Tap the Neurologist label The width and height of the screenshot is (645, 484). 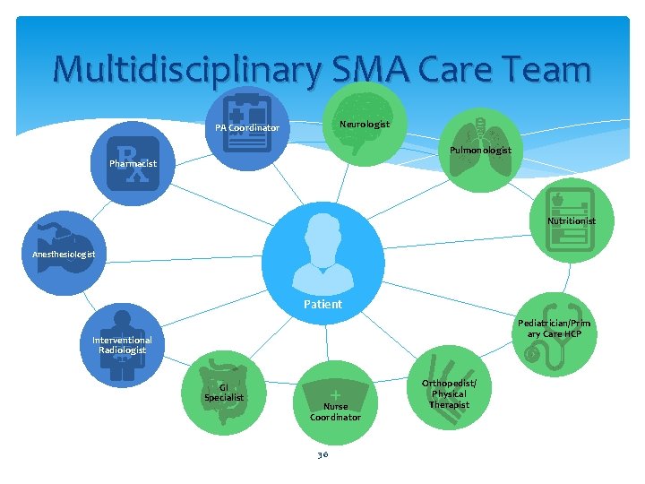365,124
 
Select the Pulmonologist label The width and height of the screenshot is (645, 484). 481,150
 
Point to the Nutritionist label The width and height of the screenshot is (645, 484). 572,220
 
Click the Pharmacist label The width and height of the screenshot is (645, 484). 133,164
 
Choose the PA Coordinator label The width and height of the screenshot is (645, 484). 246,128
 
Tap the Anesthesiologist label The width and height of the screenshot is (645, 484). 70,255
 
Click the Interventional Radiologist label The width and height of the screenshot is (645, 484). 122,345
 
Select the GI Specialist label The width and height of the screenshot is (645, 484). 223,392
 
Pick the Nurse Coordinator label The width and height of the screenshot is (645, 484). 335,411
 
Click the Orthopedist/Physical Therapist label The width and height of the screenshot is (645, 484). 448,394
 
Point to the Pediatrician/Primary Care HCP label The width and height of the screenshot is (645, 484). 555,328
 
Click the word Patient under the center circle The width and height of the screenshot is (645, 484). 322,304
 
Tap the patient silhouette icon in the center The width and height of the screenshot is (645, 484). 323,247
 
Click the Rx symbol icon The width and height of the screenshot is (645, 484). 133,163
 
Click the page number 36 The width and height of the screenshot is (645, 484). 322,454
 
